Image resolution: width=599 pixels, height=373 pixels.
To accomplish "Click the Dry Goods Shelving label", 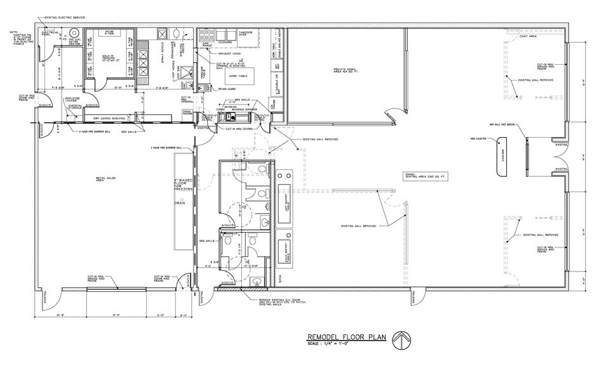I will [x=113, y=119].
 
